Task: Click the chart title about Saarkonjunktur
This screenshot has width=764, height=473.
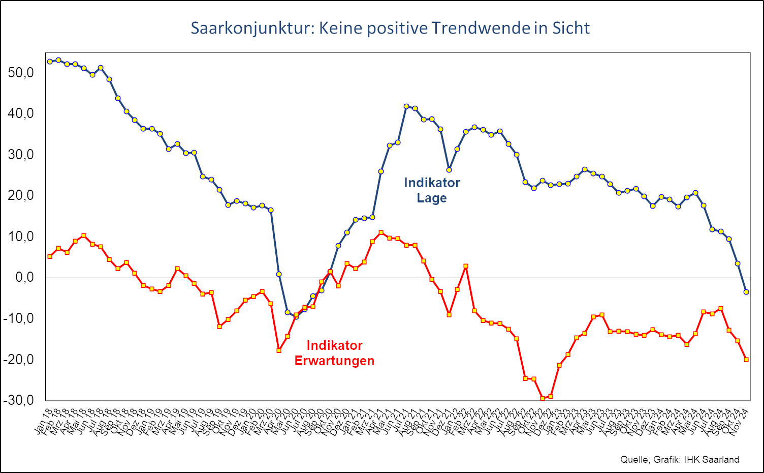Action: tap(390, 28)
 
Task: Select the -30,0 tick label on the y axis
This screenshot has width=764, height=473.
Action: tap(19, 400)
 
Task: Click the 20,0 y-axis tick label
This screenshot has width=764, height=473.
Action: tap(21, 196)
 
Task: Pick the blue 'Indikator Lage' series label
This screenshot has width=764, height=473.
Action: tap(432, 190)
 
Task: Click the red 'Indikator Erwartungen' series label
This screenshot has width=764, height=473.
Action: tap(334, 353)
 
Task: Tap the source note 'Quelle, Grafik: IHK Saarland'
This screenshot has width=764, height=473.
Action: tap(680, 459)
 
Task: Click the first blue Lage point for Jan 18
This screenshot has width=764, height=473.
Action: tap(50, 62)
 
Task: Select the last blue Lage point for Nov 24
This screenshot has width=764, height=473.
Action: tap(746, 292)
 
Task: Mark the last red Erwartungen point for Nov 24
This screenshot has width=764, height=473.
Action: tap(746, 360)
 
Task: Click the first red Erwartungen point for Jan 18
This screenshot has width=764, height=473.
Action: tap(50, 256)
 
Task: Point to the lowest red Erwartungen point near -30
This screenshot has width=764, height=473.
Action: tap(543, 398)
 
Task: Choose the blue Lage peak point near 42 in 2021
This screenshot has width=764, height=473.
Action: tap(406, 106)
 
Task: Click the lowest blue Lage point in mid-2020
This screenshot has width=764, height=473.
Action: tap(296, 317)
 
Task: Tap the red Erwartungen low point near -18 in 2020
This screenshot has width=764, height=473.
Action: tap(279, 350)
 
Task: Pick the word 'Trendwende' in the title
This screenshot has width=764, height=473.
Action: tap(481, 28)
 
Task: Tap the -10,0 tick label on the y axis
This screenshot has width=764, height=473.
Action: tap(19, 319)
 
